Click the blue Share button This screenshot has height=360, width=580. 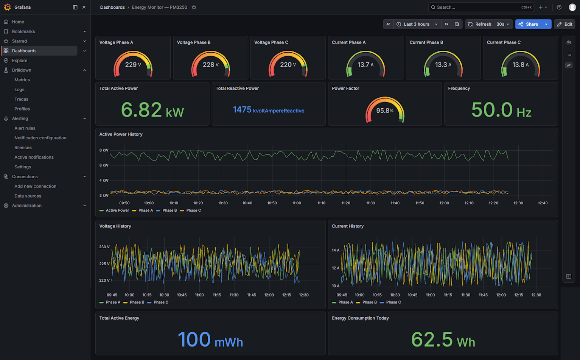[528, 24]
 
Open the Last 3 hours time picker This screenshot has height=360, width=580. [417, 24]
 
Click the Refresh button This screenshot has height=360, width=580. [479, 24]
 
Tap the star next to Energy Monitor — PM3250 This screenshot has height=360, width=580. [194, 7]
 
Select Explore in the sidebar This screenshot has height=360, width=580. [19, 60]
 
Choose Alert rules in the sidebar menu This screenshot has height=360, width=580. [25, 128]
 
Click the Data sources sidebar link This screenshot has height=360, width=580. [28, 196]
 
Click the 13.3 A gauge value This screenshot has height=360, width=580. [443, 64]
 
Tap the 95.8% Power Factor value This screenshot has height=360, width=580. [385, 111]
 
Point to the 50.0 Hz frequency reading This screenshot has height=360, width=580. [501, 109]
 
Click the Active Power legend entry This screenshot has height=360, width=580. [114, 210]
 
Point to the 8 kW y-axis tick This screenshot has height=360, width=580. [104, 150]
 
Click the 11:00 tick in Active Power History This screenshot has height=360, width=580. [297, 203]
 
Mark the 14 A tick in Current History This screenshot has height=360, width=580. [336, 250]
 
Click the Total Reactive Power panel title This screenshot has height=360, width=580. [237, 88]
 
